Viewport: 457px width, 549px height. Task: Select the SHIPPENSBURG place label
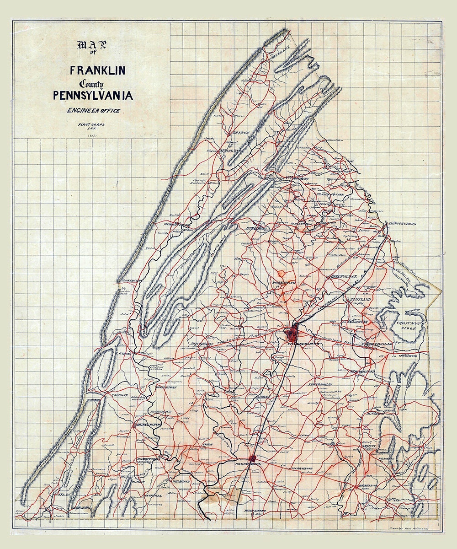coord(403,224)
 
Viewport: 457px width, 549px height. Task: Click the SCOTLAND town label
coord(361,299)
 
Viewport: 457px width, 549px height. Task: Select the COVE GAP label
coord(117,394)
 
